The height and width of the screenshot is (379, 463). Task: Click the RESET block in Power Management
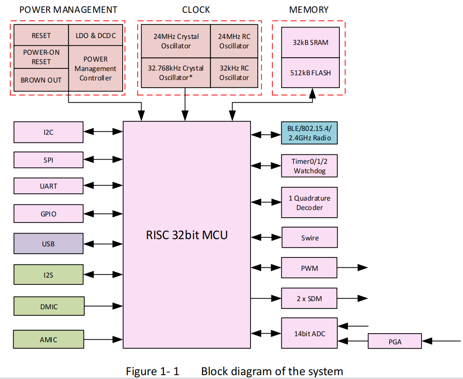pos(41,36)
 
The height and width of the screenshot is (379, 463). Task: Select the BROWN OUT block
pos(41,80)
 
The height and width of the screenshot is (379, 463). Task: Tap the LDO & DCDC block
pos(96,36)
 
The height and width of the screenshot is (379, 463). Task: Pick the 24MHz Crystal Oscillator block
pos(176,41)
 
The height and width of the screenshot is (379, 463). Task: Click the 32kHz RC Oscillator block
pos(234,73)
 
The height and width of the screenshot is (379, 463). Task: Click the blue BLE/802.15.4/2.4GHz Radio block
pos(309,133)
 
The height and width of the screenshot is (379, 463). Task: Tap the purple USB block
pos(48,244)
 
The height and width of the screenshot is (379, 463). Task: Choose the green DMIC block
pos(48,307)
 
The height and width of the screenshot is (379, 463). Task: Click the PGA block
pos(395,342)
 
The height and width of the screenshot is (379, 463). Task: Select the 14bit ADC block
pos(309,333)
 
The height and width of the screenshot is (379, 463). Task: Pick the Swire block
pos(309,238)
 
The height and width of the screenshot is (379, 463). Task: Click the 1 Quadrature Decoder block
pos(309,203)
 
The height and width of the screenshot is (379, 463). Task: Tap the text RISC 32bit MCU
pos(187,235)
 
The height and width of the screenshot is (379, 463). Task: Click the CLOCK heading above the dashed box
pos(196,9)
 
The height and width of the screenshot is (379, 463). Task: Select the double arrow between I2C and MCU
pos(103,132)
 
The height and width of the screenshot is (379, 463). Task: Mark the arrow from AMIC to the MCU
pos(103,340)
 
